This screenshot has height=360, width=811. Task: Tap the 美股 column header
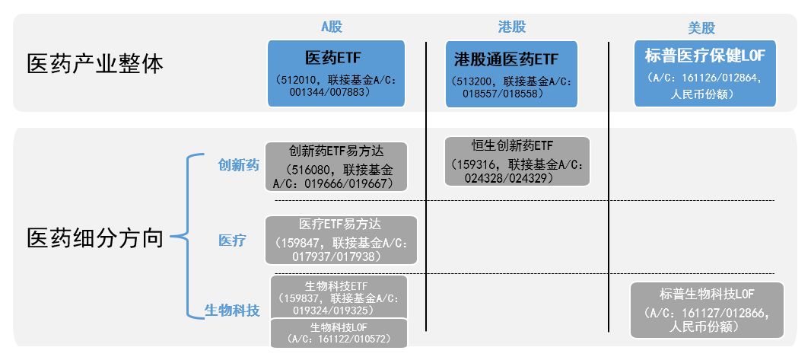click(701, 27)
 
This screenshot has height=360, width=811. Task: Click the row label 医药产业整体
click(95, 63)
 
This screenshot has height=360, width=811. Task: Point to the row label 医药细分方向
click(95, 238)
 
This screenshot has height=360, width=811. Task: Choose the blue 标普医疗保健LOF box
click(704, 73)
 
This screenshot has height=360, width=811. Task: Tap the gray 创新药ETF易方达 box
click(336, 166)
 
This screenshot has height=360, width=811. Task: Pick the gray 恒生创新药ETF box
click(517, 161)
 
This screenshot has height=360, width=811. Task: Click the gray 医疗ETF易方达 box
click(341, 241)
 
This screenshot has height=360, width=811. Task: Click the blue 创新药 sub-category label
click(238, 165)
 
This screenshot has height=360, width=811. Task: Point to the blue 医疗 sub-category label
click(232, 241)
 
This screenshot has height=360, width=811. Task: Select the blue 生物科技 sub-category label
click(232, 311)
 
